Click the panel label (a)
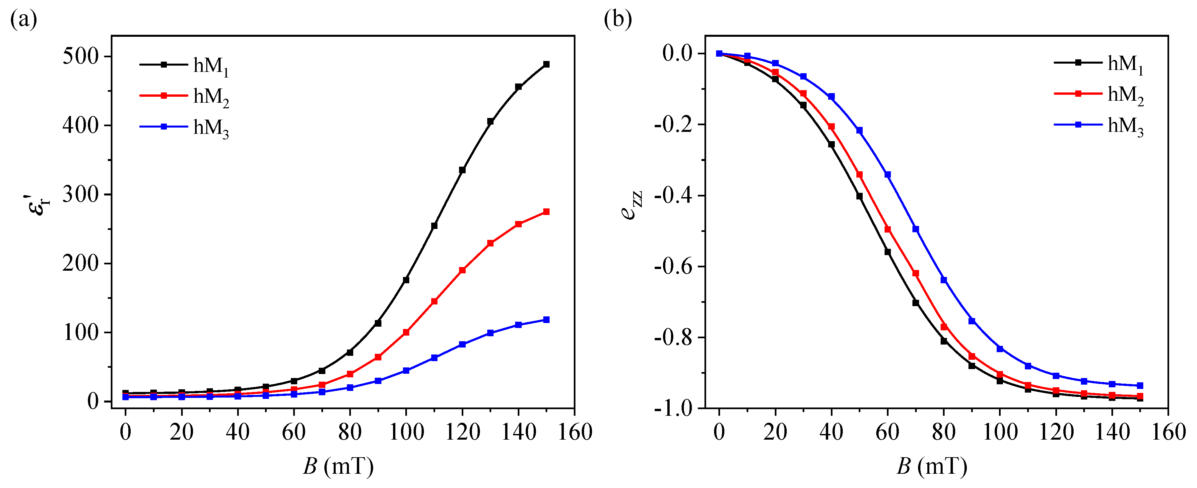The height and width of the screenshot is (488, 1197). point(23,20)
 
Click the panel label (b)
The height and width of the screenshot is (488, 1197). point(618,20)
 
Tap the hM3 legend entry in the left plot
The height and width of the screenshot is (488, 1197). point(184,127)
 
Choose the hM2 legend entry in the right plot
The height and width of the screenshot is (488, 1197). point(1099,94)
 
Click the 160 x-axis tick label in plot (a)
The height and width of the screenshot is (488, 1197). point(575,432)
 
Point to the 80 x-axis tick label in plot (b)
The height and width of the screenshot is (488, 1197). point(944,432)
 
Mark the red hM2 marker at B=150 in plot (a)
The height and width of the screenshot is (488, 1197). point(547,212)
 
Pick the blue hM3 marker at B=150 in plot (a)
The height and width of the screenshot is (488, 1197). point(547,320)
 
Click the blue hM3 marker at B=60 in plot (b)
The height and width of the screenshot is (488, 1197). point(888,175)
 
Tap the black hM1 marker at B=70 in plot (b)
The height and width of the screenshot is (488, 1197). point(916,303)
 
